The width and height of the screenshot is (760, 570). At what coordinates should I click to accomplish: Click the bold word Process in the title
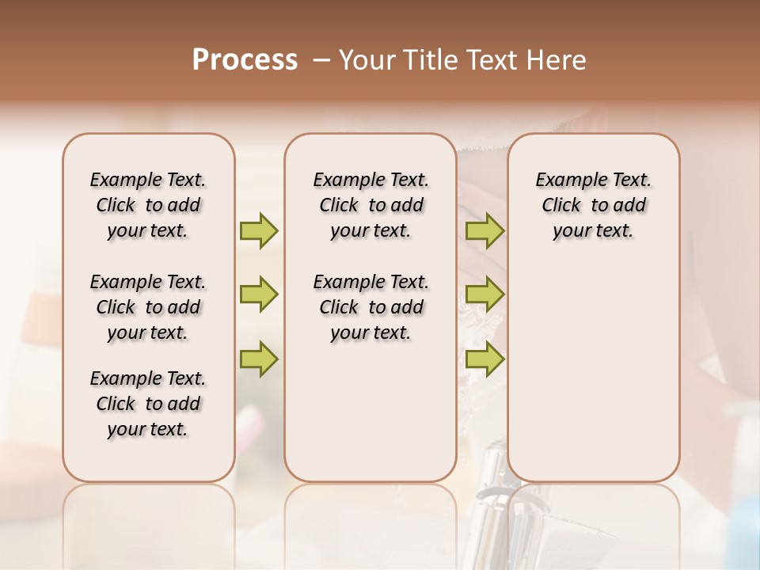(244, 60)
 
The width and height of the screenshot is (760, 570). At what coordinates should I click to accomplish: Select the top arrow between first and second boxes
(259, 230)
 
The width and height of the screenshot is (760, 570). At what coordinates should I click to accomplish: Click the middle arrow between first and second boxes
(259, 294)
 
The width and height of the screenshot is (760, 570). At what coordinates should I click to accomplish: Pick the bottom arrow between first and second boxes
(259, 359)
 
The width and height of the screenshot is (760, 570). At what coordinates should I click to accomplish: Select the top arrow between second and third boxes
(484, 230)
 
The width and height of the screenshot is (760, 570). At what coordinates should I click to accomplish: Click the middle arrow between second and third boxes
(484, 294)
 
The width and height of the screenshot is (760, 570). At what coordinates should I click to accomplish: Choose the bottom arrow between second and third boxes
(484, 359)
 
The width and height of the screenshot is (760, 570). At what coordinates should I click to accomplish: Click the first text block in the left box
(148, 205)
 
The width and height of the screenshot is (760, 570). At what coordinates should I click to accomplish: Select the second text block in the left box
(148, 307)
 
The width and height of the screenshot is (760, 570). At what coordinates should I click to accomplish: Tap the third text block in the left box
(148, 404)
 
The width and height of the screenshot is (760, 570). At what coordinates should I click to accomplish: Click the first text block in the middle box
(370, 205)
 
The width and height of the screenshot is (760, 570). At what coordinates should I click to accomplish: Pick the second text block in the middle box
(370, 307)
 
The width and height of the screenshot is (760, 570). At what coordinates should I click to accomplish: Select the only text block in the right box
(593, 205)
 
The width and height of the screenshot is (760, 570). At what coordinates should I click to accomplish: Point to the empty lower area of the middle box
(370, 412)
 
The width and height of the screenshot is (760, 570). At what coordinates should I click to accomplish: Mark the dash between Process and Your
(321, 60)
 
